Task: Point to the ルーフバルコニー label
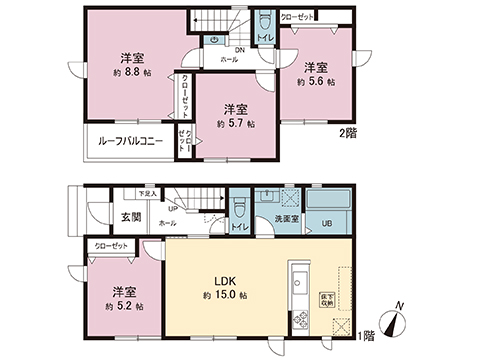(x=131, y=140)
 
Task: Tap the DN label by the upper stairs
(x=241, y=50)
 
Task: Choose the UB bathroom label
(x=326, y=222)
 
